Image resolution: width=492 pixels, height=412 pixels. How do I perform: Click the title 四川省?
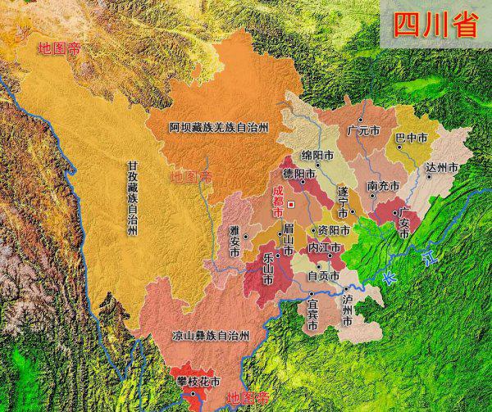tap(435, 26)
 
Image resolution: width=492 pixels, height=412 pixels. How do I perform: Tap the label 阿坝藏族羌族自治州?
tap(218, 129)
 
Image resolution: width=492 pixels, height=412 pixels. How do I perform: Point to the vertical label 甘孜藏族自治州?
tap(132, 197)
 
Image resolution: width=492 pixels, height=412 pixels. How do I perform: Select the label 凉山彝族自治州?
tap(199, 335)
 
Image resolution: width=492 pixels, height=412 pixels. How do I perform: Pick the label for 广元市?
tap(363, 129)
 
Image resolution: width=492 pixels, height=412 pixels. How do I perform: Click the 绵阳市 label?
tap(317, 155)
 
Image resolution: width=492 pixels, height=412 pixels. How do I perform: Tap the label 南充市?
tap(384, 186)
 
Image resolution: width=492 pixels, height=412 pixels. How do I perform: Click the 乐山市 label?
tap(267, 268)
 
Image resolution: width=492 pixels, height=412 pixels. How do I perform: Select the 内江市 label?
tap(324, 247)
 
